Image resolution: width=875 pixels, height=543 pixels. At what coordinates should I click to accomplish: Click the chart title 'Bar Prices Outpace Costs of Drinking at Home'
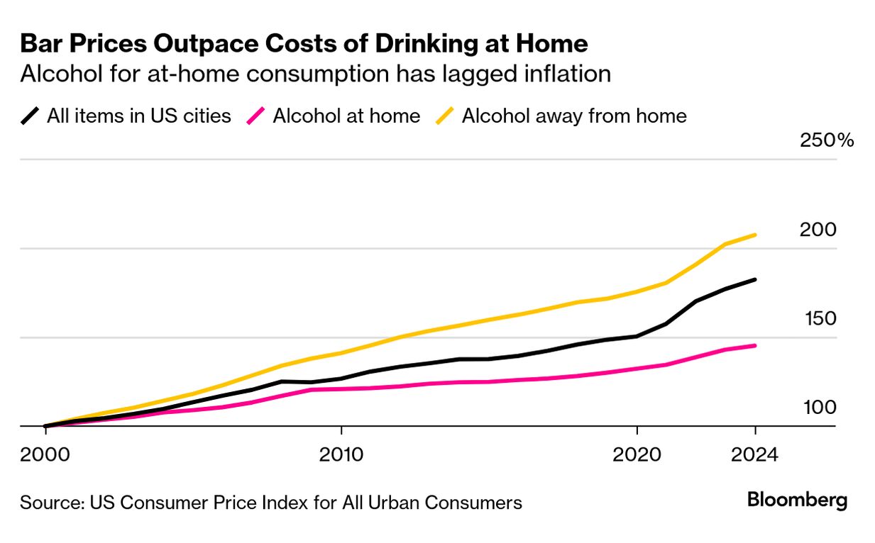click(x=304, y=44)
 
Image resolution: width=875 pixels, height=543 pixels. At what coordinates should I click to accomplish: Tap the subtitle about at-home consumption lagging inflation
click(x=315, y=74)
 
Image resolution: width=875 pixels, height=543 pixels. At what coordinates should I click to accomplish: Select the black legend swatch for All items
click(x=30, y=116)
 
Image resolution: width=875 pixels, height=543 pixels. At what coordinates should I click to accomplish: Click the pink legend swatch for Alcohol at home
click(x=257, y=116)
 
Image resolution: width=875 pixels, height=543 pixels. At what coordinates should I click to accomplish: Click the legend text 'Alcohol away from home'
click(x=574, y=116)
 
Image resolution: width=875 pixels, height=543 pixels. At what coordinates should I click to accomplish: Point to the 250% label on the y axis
click(x=827, y=140)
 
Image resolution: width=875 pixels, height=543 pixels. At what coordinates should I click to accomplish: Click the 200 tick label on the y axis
click(x=818, y=230)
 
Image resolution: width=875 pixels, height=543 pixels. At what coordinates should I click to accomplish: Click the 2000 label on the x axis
click(x=45, y=454)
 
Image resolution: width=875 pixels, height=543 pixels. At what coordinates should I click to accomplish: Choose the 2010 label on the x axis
click(x=341, y=454)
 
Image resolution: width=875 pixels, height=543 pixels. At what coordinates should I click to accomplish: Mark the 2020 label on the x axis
click(x=637, y=454)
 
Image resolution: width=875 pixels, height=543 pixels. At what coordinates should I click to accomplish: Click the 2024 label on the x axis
click(x=754, y=454)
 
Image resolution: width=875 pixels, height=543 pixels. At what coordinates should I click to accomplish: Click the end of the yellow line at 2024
click(x=755, y=235)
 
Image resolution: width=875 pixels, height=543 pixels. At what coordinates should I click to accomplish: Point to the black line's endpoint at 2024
click(x=755, y=279)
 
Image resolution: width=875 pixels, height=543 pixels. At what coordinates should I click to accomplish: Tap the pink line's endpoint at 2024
click(x=755, y=345)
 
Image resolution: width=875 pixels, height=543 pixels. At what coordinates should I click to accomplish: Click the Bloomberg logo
click(x=797, y=500)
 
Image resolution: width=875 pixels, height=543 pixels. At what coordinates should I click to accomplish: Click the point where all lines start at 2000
click(x=45, y=426)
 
